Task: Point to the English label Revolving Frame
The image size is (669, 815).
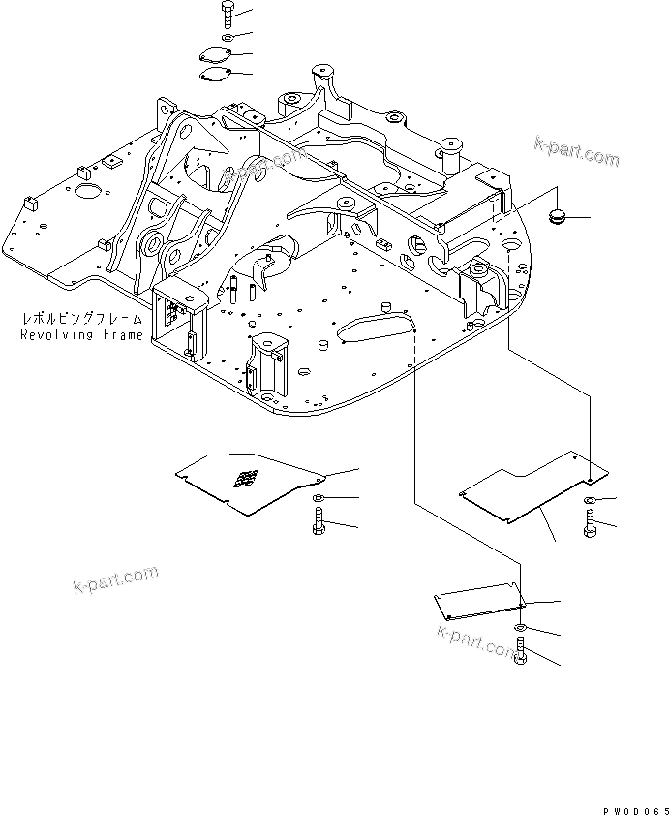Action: point(81,334)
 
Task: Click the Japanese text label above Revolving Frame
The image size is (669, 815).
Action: point(81,319)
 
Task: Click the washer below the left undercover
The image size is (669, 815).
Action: point(319,498)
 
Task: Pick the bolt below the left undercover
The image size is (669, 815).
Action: point(319,524)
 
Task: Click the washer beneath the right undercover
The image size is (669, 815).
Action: point(590,499)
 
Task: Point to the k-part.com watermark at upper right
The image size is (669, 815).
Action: point(575,152)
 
